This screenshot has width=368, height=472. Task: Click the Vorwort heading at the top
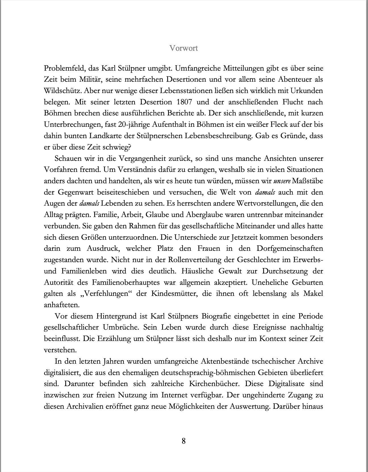pyautogui.click(x=183, y=48)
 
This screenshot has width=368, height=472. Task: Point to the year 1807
pyautogui.click(x=186, y=102)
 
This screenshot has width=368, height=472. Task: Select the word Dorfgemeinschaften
pyautogui.click(x=290, y=248)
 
